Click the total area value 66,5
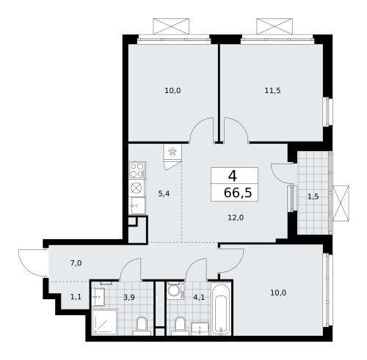coord(234,192)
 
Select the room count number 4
coord(233,176)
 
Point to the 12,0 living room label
coord(235,217)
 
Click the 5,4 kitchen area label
coord(165,194)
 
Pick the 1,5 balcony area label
coord(313,196)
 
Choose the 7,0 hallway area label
coord(76,262)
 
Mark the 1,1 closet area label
coord(76,296)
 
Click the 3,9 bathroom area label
coord(129,296)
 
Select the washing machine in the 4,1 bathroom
coord(174,290)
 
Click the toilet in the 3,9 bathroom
coord(145,324)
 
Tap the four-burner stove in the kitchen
coord(137,170)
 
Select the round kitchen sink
coord(137,188)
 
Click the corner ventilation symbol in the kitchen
coord(172,153)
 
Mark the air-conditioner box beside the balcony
coord(340,203)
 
